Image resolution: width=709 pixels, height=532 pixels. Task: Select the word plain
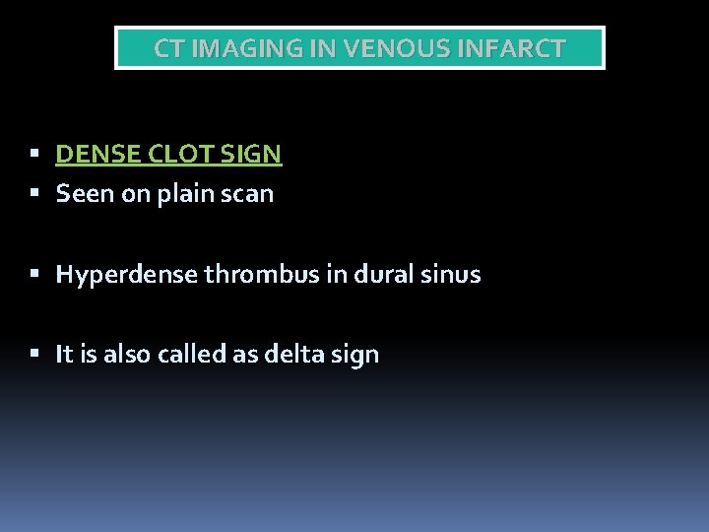tap(182, 194)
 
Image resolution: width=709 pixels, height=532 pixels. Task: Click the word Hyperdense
tap(127, 275)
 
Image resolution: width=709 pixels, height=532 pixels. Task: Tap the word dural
tap(376, 275)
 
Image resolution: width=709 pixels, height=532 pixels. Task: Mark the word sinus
tap(452, 275)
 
